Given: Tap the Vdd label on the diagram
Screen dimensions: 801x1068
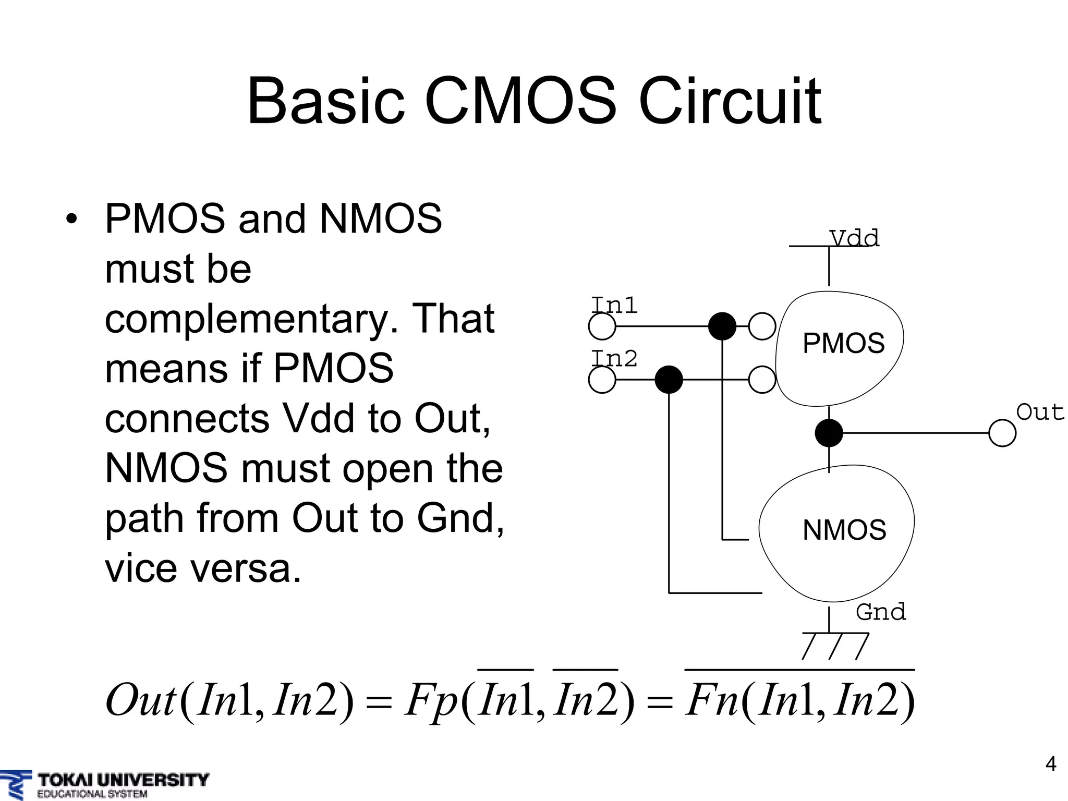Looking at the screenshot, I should point(854,238).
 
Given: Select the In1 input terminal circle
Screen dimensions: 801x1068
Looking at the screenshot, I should point(602,327).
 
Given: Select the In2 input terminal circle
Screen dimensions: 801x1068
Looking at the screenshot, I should point(602,380).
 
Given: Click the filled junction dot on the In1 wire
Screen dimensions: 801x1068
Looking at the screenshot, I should point(722,327).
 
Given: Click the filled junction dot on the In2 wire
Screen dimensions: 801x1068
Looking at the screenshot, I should point(669,380).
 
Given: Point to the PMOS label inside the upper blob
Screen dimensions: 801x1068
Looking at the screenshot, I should point(843,344).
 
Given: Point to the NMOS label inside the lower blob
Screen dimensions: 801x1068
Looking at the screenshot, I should point(844,530).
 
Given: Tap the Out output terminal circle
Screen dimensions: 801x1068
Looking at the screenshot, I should point(1002,433).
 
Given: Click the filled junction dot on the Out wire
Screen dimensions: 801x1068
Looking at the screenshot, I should point(829,433).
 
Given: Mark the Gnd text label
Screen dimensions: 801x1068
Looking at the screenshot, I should point(881,612).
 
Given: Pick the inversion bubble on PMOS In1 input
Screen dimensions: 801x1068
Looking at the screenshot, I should point(762,326).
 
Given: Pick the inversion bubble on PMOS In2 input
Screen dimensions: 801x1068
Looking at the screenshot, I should point(762,380).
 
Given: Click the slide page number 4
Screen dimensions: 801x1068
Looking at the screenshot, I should point(1051,764).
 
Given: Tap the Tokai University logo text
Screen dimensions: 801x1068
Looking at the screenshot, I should point(123,780).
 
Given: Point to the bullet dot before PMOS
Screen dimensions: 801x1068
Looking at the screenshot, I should point(71,219).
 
